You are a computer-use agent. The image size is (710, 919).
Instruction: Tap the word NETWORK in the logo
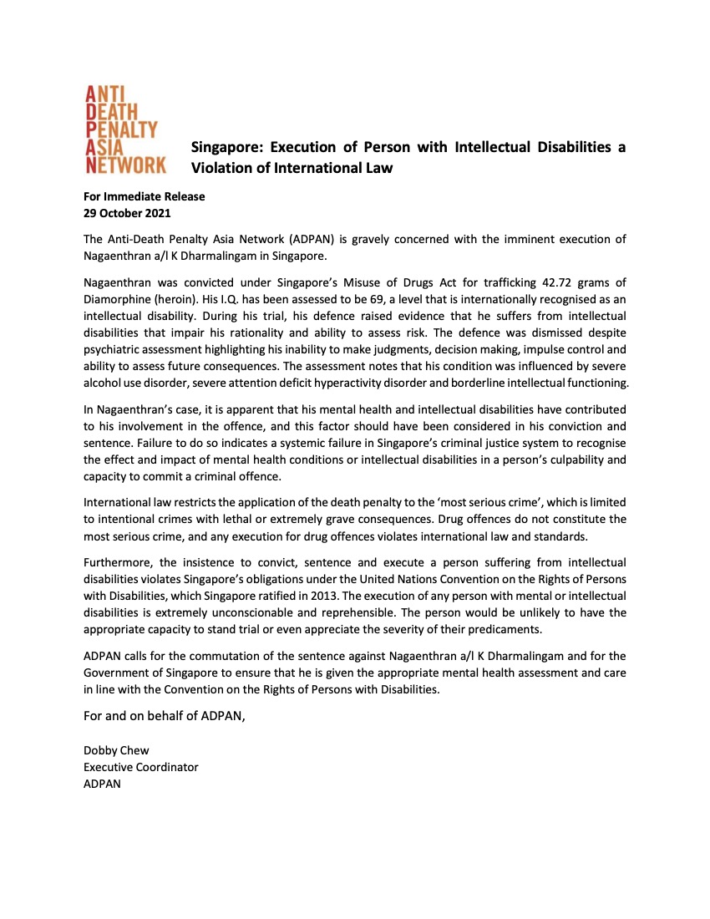click(x=126, y=165)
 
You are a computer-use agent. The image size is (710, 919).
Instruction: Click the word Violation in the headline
click(x=225, y=167)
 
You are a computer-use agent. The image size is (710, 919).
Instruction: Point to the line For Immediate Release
click(x=144, y=196)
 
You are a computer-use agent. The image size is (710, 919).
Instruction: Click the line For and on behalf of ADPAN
click(x=165, y=716)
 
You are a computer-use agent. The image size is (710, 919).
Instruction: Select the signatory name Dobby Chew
click(x=116, y=750)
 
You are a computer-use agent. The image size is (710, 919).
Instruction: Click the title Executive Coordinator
click(x=140, y=767)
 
